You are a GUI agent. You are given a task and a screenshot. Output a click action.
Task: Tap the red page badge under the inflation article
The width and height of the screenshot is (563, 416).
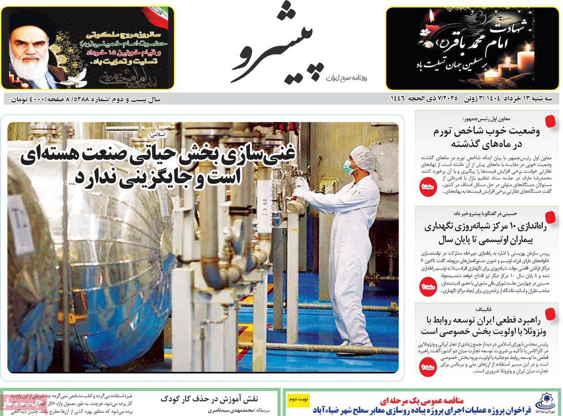tap(428, 187)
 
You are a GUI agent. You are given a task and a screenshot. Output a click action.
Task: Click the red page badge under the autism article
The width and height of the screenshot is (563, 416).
tap(428, 287)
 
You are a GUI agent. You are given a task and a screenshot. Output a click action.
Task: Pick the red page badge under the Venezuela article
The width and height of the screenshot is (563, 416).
tap(428, 367)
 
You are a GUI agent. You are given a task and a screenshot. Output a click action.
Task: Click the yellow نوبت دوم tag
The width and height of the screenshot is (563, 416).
tap(298, 399)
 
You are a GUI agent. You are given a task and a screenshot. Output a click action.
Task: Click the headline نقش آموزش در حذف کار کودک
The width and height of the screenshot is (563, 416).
tap(209, 399)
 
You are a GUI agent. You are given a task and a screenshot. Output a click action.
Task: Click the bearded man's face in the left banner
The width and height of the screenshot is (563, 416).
tap(29, 52)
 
